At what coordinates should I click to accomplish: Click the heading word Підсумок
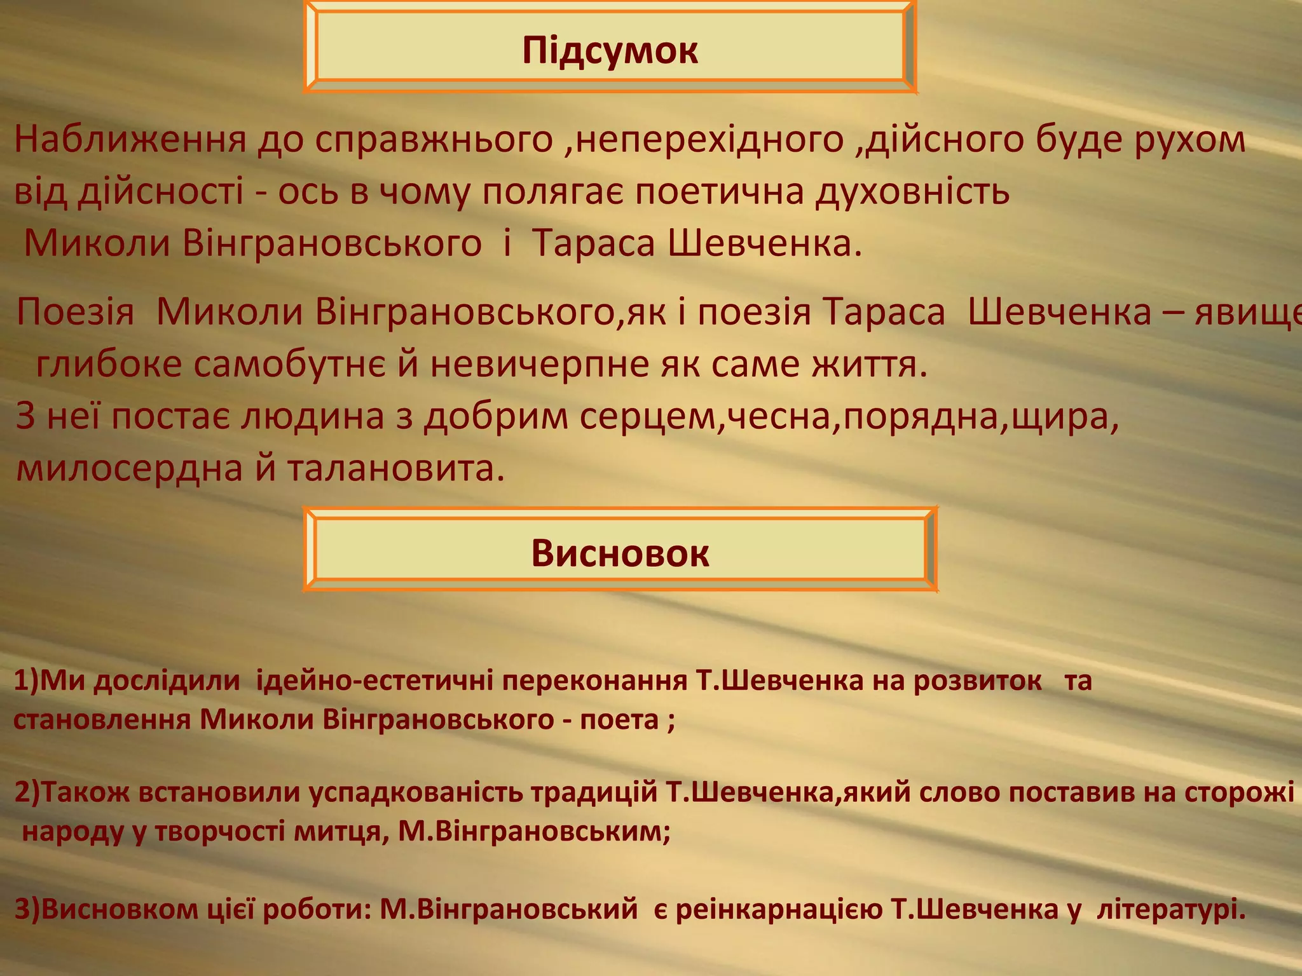coord(610,51)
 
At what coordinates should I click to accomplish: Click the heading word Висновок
coord(620,553)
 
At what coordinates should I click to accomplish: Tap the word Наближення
coord(130,140)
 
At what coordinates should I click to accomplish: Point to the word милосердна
coord(130,469)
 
